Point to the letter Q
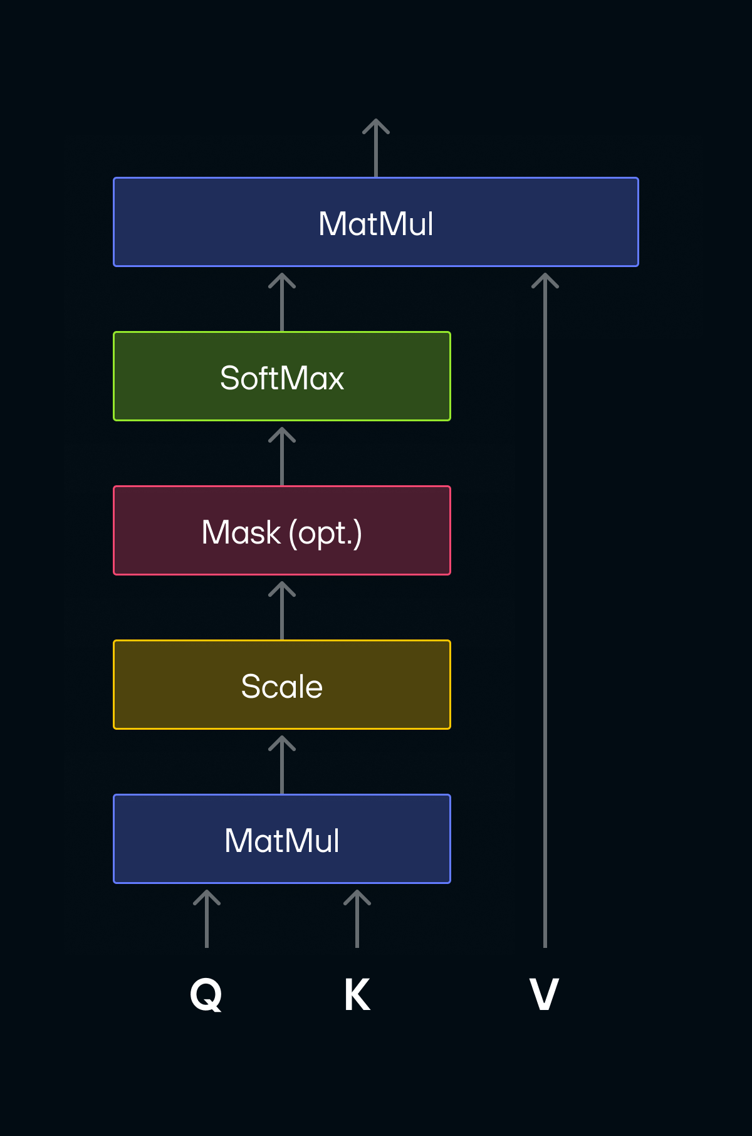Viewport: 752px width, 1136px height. (206, 995)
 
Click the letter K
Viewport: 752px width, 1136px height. (357, 995)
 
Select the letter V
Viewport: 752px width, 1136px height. (544, 995)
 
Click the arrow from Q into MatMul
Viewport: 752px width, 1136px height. (207, 918)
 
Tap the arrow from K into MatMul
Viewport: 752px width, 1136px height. (357, 918)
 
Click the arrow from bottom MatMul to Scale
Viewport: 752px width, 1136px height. (282, 764)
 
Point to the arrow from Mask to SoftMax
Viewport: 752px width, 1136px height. (282, 456)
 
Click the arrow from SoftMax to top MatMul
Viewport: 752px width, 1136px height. (282, 302)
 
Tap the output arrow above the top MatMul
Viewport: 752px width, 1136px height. (376, 147)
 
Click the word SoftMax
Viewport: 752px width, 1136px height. (282, 378)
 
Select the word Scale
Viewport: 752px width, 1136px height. (282, 686)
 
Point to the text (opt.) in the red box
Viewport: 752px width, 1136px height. (325, 534)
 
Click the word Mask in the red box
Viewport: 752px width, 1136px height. (241, 532)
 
